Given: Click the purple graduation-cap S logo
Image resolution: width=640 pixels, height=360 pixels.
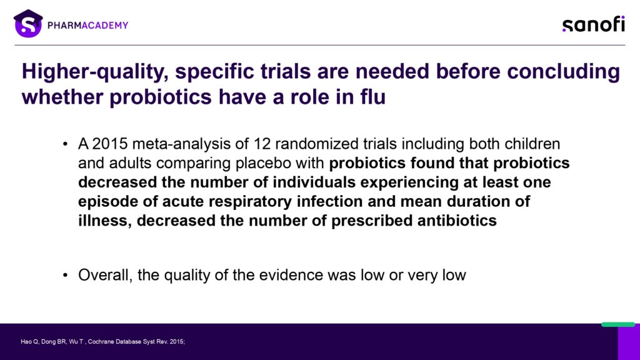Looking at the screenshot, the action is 28,24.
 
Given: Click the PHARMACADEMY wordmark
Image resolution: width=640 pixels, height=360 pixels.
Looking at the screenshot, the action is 87,25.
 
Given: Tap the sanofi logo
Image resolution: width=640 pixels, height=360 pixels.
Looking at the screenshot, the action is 594,24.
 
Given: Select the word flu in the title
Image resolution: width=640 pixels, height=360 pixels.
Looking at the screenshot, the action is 373,97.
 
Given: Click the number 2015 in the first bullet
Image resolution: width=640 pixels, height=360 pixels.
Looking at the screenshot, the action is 110,144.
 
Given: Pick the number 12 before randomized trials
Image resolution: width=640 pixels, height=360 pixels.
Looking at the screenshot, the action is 262,144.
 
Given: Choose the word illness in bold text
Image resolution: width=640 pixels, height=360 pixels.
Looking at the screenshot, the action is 104,221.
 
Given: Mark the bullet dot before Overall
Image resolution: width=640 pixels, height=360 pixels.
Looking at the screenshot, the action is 65,276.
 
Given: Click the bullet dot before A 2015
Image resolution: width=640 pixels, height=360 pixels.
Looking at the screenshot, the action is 65,144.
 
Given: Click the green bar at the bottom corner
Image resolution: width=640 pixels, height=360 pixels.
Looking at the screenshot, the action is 618,324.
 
